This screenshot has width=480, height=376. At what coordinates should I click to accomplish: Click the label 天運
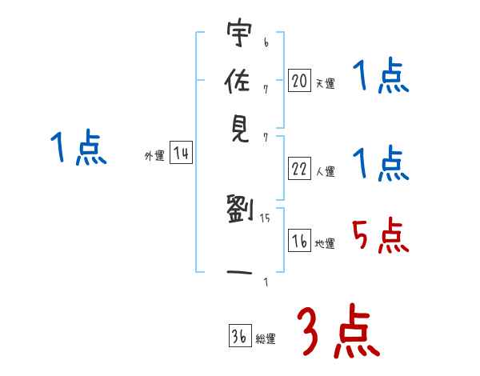(x=326, y=83)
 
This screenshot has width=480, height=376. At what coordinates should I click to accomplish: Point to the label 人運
(x=326, y=171)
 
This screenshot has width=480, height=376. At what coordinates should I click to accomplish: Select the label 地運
(x=326, y=243)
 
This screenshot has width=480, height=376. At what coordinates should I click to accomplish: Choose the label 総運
(x=266, y=338)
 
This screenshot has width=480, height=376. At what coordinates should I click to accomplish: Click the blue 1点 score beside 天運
(x=380, y=78)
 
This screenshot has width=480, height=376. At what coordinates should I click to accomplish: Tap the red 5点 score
(x=380, y=236)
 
